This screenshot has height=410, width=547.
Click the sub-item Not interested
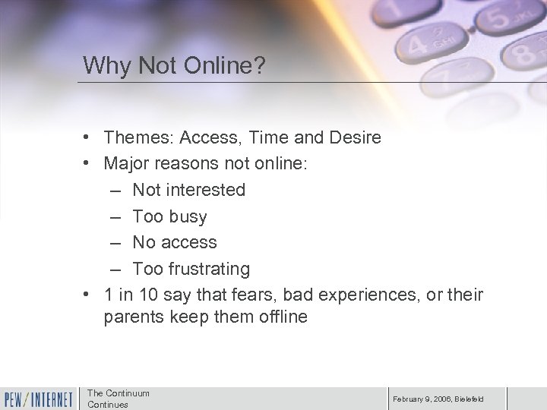click(188, 190)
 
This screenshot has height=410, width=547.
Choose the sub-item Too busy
click(169, 216)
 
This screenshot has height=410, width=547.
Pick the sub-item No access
click(174, 242)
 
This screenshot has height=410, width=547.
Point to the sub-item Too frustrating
click(191, 269)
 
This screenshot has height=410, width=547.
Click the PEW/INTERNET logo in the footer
click(38, 398)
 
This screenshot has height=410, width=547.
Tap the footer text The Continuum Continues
click(119, 399)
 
